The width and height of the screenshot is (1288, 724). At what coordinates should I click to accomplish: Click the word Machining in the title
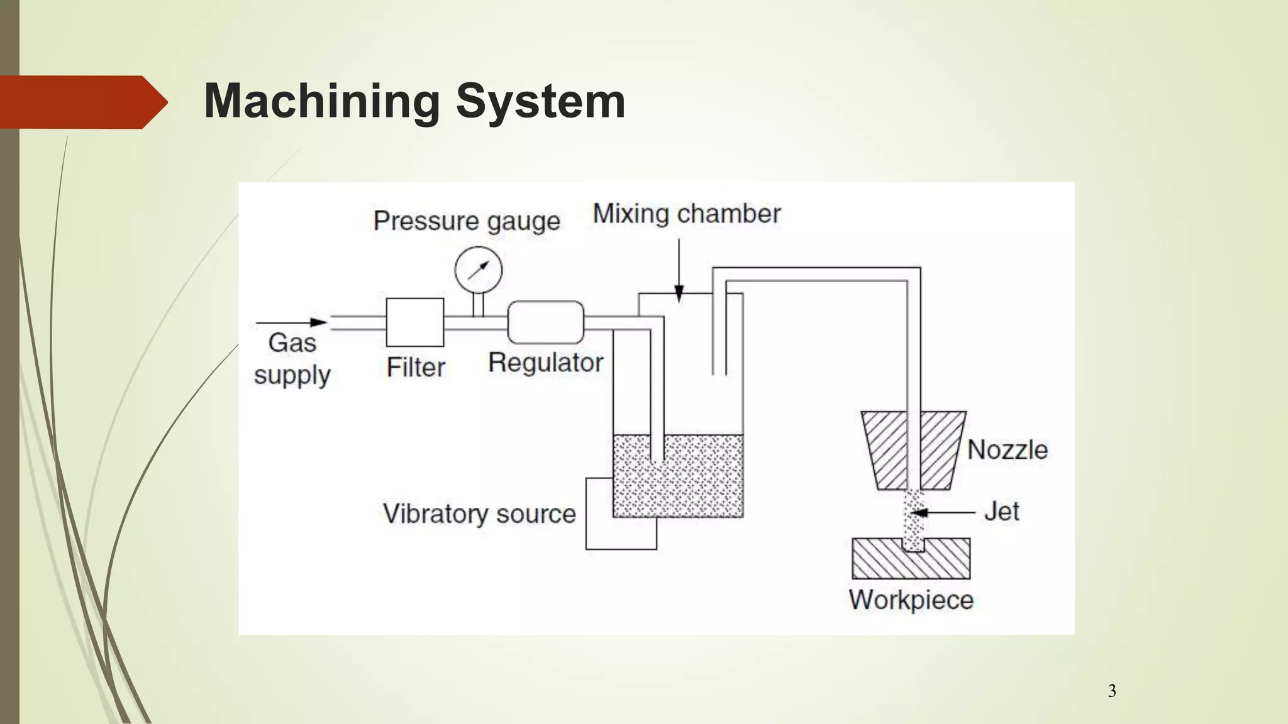click(x=321, y=102)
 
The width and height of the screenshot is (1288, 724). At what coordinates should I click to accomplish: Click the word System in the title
click(x=540, y=102)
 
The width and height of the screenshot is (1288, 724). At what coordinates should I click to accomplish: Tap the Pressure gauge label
click(x=466, y=221)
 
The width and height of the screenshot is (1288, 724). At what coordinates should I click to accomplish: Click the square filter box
click(x=414, y=322)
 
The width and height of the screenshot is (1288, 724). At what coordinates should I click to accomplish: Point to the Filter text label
click(x=416, y=368)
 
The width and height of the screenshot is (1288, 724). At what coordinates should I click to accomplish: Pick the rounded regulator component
click(x=545, y=322)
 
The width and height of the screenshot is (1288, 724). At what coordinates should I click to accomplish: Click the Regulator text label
click(x=545, y=363)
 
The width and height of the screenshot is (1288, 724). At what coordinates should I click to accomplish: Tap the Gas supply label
click(x=292, y=359)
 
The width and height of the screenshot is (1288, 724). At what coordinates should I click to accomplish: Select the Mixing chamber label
click(x=687, y=214)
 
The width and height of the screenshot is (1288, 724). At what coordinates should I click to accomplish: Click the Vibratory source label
click(x=479, y=514)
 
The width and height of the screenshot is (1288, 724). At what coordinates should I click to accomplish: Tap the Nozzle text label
click(x=1008, y=450)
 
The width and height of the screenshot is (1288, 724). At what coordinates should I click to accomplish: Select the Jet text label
click(x=1001, y=512)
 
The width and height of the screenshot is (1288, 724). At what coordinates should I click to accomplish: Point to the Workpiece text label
click(x=911, y=600)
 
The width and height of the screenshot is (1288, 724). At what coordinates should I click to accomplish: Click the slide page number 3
click(x=1112, y=691)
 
